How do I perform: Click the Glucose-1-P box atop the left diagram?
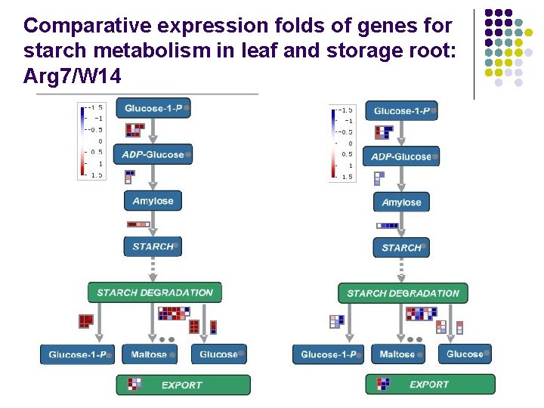153,108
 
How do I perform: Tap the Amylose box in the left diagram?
153,201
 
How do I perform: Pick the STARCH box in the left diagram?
153,246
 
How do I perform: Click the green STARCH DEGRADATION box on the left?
155,292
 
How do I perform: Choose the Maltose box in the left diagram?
149,354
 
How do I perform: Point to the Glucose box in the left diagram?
219,354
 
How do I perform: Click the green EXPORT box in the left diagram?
182,385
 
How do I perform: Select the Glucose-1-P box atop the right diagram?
402,111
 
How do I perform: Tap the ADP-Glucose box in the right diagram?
402,157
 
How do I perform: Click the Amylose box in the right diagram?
401,202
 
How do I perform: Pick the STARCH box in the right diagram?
401,248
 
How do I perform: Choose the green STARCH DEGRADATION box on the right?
403,293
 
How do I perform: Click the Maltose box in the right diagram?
397,354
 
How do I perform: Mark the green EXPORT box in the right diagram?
430,385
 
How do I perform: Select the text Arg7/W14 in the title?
72,77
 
